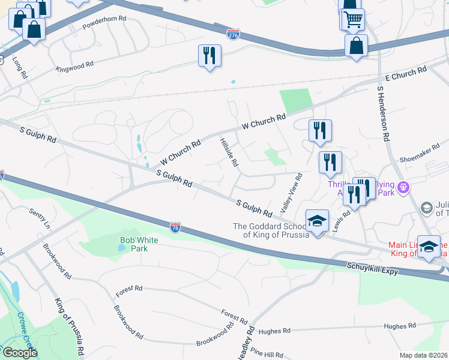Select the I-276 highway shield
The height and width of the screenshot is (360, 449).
point(234,34)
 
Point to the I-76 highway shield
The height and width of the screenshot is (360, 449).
point(174,227)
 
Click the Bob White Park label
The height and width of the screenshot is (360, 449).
point(133,244)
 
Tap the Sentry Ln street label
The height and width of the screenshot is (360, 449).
point(40,218)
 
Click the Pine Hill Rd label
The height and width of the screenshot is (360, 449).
point(268,355)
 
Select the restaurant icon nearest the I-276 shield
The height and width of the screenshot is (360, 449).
point(209,56)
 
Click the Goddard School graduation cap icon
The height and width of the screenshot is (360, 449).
point(317,221)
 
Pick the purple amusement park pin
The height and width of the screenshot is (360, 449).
point(404,188)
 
